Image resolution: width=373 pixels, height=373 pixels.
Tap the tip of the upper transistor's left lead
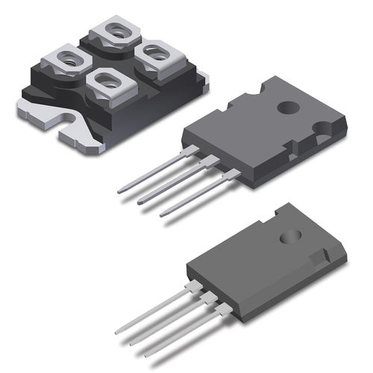click(120, 192)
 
